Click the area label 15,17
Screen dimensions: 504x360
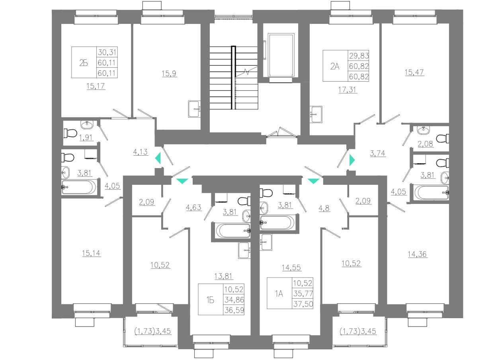click(x=96, y=86)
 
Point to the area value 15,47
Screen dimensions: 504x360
click(x=414, y=72)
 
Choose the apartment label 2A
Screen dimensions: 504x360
click(x=335, y=66)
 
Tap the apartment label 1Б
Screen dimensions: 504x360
click(x=211, y=300)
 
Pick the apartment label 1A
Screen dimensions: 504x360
click(x=279, y=294)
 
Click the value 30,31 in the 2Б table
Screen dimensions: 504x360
click(x=108, y=52)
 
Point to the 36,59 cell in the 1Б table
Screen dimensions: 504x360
click(x=234, y=310)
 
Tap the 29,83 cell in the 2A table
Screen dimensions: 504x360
click(x=359, y=56)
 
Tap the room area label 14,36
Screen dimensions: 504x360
click(x=418, y=254)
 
